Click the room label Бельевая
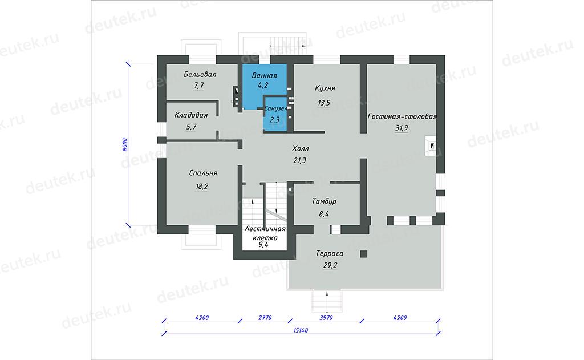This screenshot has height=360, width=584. (x=200, y=74)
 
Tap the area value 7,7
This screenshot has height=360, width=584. (x=199, y=86)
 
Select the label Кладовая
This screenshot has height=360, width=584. (x=191, y=115)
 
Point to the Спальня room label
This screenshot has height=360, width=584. (x=203, y=173)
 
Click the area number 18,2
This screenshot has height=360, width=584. (x=202, y=187)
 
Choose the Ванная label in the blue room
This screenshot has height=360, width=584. (x=265, y=75)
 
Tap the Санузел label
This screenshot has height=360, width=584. (x=275, y=108)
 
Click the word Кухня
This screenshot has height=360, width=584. (x=325, y=88)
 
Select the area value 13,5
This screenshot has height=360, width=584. (x=324, y=103)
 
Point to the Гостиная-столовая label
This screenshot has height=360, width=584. (x=402, y=116)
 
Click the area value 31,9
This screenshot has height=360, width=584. (x=401, y=128)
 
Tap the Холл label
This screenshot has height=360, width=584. (x=301, y=148)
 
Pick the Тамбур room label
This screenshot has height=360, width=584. (x=324, y=201)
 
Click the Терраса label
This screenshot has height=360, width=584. (x=330, y=253)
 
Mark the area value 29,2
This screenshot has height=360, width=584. (x=330, y=265)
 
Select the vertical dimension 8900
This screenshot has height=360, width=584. (x=125, y=144)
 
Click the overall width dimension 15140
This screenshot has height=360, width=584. (x=301, y=330)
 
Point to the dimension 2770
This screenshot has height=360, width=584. (x=265, y=318)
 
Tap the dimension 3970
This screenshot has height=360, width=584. (x=326, y=318)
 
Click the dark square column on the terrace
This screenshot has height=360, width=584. (x=363, y=254)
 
